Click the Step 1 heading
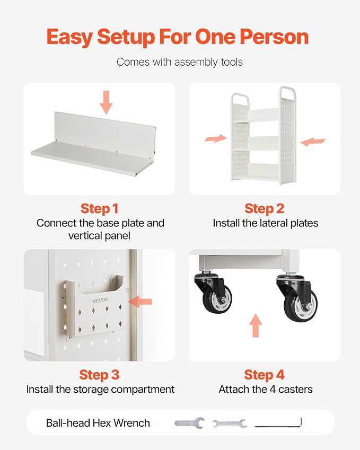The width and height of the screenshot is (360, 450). (99, 209)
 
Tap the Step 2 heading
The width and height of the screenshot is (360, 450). (264, 209)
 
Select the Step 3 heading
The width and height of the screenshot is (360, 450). (99, 375)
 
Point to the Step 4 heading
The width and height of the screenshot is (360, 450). (264, 375)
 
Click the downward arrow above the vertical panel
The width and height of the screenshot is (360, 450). (106, 102)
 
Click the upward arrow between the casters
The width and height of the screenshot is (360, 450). (256, 325)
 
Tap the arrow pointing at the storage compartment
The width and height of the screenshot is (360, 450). (140, 302)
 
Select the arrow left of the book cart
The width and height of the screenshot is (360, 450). (216, 138)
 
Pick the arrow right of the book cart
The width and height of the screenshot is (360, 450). (313, 142)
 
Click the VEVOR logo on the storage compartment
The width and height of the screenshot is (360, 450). (100, 300)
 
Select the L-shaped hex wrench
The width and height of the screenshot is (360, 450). (278, 423)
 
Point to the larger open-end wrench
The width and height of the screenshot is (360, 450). (190, 423)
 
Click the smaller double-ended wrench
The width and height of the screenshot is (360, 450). (230, 423)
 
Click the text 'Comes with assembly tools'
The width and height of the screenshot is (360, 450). (180, 62)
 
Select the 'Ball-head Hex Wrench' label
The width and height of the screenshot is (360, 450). (98, 423)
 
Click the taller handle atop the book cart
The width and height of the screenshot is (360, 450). (287, 94)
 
